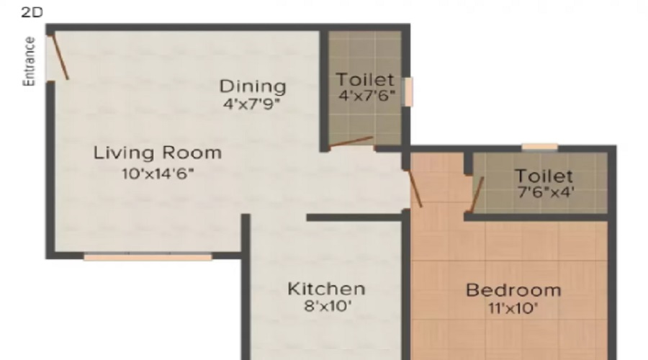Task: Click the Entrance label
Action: [x=29, y=61]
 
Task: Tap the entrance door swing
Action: [x=60, y=57]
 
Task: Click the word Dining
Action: [x=253, y=86]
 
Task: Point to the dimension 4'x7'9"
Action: [x=252, y=104]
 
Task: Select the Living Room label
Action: [x=158, y=153]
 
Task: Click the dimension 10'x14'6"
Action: [x=158, y=174]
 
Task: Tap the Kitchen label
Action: [x=326, y=289]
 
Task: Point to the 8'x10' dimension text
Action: [x=328, y=306]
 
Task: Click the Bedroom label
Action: [x=513, y=290]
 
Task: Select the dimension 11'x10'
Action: [x=513, y=308]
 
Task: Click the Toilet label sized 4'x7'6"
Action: [x=365, y=79]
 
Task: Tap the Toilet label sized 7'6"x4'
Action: [x=544, y=176]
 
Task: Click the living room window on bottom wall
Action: [x=148, y=257]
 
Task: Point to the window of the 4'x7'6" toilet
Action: [x=408, y=91]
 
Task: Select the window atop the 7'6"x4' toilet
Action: [x=540, y=147]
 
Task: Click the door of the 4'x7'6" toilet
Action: [x=351, y=142]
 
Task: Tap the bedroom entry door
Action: [x=415, y=188]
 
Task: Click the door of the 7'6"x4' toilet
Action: [x=477, y=194]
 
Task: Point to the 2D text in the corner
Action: [x=32, y=12]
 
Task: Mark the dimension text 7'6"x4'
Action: [x=546, y=192]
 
